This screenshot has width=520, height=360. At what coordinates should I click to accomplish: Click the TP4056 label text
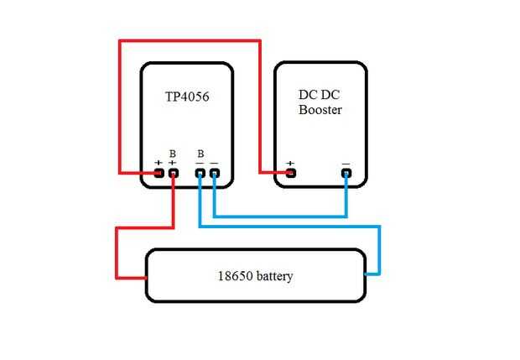(188, 97)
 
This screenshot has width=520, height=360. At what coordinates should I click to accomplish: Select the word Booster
(320, 110)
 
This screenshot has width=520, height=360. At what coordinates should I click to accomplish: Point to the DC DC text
(320, 95)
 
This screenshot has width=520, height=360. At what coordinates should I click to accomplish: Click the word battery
(275, 275)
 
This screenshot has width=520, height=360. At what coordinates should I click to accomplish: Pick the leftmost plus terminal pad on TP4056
(159, 173)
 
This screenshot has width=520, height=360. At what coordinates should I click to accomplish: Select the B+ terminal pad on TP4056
(174, 173)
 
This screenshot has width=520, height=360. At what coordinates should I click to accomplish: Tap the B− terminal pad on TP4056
(200, 173)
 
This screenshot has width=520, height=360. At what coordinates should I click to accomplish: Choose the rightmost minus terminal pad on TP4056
(214, 173)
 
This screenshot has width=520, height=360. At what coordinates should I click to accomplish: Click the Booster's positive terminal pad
(291, 173)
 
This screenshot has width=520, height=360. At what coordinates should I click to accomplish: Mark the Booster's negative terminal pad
(346, 173)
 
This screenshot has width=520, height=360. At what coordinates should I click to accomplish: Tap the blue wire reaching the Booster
(281, 217)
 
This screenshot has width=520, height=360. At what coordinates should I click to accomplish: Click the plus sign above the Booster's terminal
(291, 163)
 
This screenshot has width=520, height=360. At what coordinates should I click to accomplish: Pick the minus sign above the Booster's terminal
(346, 163)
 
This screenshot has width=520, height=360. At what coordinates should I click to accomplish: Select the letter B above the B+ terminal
(173, 154)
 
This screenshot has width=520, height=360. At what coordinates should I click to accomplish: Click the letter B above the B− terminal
(200, 154)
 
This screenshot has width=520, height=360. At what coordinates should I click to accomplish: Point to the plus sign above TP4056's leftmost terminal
(159, 163)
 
